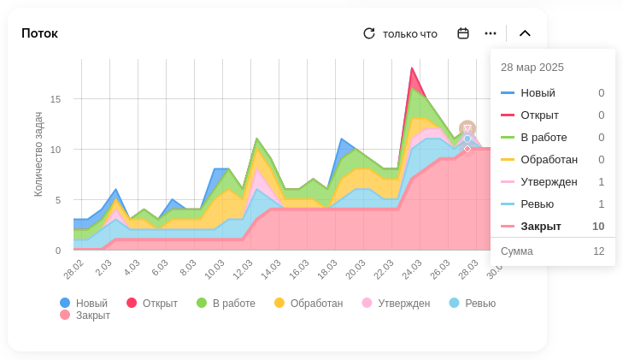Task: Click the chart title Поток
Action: point(39,33)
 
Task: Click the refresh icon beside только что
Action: point(369,33)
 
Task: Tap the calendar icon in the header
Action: point(463,33)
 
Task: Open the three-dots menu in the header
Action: point(491,33)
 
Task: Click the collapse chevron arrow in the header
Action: point(525,33)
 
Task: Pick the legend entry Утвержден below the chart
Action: point(396,303)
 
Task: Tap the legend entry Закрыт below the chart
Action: point(85,315)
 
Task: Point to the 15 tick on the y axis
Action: point(56,99)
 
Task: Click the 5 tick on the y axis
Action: point(58,200)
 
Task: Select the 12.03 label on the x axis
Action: point(243,269)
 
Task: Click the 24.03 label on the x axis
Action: point(412,269)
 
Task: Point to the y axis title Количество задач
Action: point(38,154)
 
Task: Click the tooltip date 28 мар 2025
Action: point(532,67)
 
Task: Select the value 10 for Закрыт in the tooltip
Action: point(598,226)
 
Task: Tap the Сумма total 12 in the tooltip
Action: point(598,251)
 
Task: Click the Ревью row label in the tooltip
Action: point(537,204)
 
